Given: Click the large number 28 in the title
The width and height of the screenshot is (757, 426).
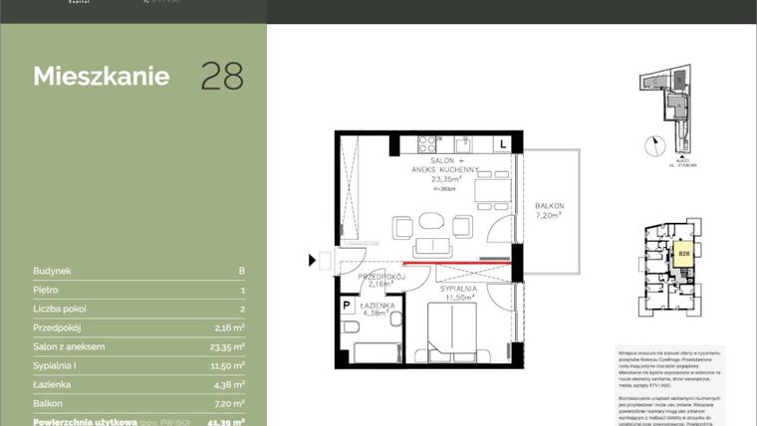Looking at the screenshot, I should tap(222, 77).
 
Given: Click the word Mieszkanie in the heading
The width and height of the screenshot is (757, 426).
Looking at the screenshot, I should tap(101, 77).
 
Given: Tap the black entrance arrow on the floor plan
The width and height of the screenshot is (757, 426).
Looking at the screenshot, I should tap(313, 261).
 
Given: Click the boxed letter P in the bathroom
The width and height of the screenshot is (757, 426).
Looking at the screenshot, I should tap(348, 306).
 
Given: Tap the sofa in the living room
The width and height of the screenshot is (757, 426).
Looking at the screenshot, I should tap(432, 246).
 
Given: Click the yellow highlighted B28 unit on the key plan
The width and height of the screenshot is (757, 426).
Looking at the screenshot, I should tap(684, 255).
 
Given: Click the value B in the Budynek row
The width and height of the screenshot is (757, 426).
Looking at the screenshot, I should tap(241, 270).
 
